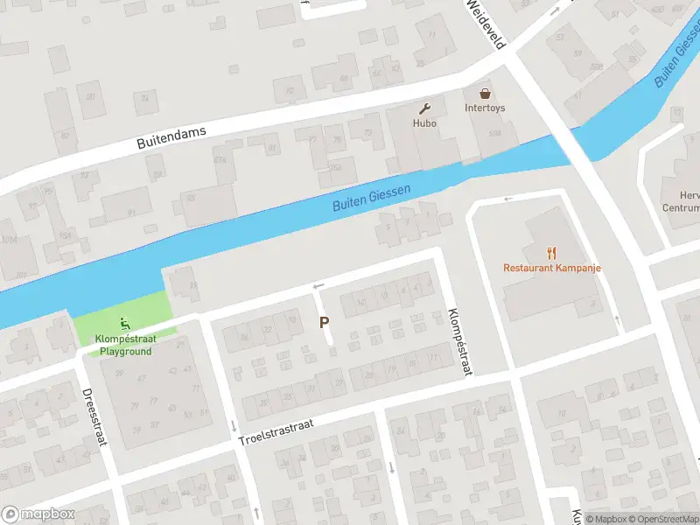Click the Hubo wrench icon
tap(425, 109)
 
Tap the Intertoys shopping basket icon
tap(484, 93)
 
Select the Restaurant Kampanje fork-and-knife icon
tap(552, 253)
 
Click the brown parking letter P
tap(325, 322)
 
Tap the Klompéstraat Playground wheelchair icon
tap(125, 321)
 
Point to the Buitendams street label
tap(171, 138)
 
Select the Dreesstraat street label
tap(94, 416)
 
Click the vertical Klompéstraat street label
tap(459, 341)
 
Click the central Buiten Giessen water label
tap(371, 196)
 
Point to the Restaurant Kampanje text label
tap(552, 268)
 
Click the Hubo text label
tap(425, 123)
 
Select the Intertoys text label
tap(484, 108)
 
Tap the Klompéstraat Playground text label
tap(125, 345)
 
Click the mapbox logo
tap(38, 514)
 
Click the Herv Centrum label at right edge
tap(682, 202)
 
